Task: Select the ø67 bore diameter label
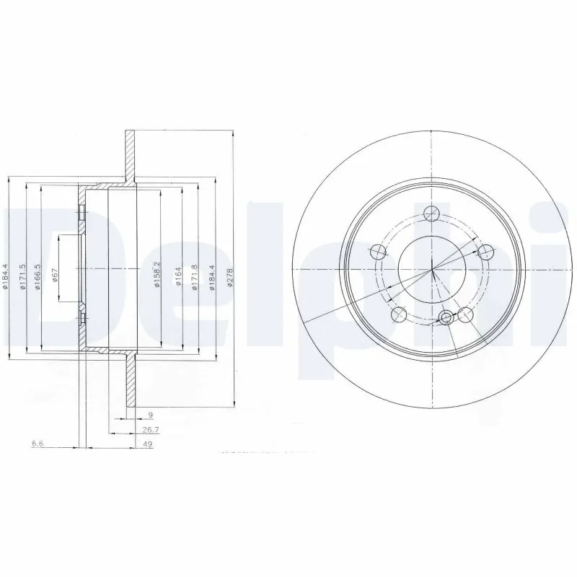pyautogui.click(x=55, y=274)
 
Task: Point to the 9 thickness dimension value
pyautogui.click(x=149, y=416)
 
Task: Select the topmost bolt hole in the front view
pyautogui.click(x=431, y=213)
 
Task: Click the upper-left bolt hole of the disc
pyautogui.click(x=376, y=252)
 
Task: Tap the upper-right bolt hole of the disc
pyautogui.click(x=486, y=251)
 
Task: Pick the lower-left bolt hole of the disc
pyautogui.click(x=397, y=314)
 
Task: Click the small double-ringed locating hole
pyautogui.click(x=447, y=317)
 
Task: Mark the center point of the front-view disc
pyautogui.click(x=431, y=270)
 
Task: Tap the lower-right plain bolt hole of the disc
pyautogui.click(x=466, y=314)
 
